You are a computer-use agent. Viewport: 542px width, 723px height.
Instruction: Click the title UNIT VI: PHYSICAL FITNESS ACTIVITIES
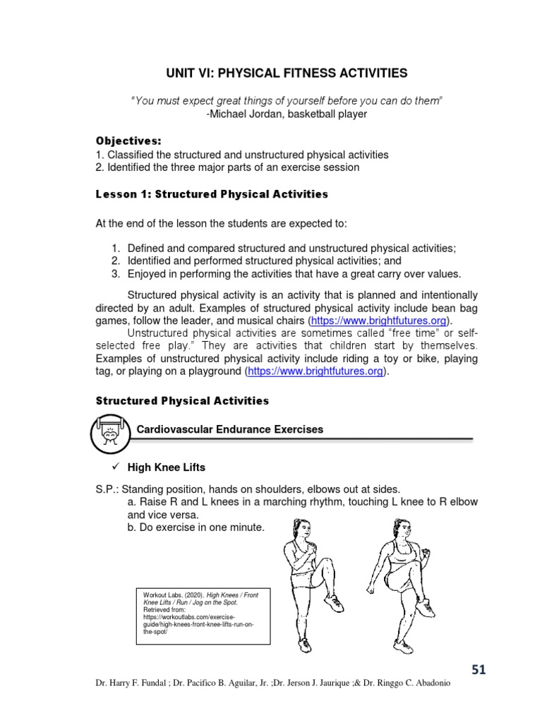[287, 73]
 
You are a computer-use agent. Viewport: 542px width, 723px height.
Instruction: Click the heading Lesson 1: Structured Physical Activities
[212, 193]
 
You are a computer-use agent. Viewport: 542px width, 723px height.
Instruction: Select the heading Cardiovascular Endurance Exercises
[229, 429]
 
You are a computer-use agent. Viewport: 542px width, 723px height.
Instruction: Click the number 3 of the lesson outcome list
[116, 273]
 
